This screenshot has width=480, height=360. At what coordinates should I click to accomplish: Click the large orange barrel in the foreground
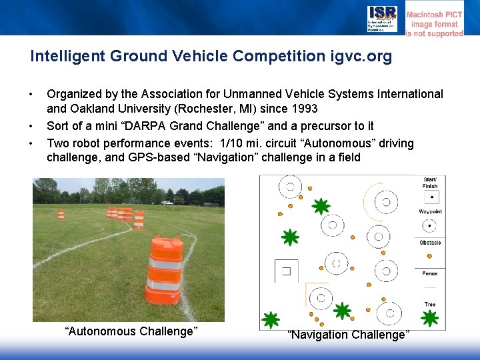pos(164,270)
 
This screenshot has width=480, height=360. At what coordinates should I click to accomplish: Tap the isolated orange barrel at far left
pos(61,214)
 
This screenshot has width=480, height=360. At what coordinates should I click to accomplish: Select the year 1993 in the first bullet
pos(303,109)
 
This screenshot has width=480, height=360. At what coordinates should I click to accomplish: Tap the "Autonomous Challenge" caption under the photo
pos(131,331)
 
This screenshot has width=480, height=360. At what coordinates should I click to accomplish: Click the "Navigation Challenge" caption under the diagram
pos(348,335)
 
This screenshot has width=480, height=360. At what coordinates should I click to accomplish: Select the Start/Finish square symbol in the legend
pos(431,197)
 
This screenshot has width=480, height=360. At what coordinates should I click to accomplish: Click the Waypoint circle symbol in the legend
pos(431,227)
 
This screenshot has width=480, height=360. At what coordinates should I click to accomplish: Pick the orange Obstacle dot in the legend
pos(430,257)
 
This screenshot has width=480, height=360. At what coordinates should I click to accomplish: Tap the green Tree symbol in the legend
pos(430,318)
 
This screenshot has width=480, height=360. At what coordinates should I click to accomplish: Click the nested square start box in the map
pos(286,271)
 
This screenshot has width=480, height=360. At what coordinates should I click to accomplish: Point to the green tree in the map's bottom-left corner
pos(270,320)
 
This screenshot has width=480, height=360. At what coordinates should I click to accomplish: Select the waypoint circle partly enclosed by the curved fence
pos(385,201)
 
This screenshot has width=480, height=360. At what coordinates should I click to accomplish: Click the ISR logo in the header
pos(382,19)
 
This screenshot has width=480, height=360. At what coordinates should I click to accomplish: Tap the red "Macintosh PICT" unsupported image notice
pos(435,24)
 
